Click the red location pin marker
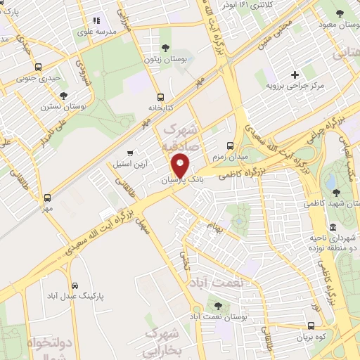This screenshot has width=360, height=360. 181,165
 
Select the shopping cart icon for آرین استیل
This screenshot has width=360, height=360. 129,153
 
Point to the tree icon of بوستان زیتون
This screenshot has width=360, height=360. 165,48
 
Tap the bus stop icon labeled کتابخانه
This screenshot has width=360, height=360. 161,98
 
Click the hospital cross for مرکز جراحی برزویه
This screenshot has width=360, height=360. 295,75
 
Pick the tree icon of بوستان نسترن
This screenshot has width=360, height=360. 64,95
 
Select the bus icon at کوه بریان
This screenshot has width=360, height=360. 311,326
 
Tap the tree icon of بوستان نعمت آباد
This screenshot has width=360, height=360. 217,306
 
